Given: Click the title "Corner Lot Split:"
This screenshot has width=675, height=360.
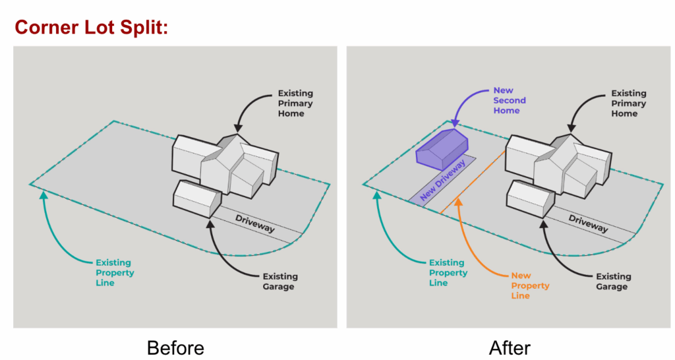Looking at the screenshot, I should pyautogui.click(x=92, y=27).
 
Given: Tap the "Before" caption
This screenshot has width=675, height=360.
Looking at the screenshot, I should pyautogui.click(x=175, y=347).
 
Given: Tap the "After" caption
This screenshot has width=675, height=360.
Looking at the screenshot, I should pyautogui.click(x=510, y=347).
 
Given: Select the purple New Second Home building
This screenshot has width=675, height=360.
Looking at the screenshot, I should pyautogui.click(x=441, y=147).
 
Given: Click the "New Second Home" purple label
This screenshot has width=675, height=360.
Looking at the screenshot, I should pyautogui.click(x=510, y=100).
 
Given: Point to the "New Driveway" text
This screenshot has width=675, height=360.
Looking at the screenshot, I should pyautogui.click(x=440, y=180).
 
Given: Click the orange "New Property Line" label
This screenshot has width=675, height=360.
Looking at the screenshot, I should pyautogui.click(x=530, y=285).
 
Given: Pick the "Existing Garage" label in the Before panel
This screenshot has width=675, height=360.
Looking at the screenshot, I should pyautogui.click(x=279, y=282).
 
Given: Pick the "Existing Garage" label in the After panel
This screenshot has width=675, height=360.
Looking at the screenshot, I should pyautogui.click(x=613, y=282).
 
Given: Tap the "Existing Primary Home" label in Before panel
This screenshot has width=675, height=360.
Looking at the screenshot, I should pyautogui.click(x=295, y=104).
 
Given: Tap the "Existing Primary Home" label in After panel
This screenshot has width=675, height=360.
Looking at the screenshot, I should pyautogui.click(x=628, y=104).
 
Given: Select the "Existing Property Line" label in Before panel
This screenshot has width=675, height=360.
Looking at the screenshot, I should pyautogui.click(x=114, y=272).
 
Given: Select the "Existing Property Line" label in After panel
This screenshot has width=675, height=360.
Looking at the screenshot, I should pyautogui.click(x=448, y=272).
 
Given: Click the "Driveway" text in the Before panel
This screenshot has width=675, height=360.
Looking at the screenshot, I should pyautogui.click(x=255, y=224).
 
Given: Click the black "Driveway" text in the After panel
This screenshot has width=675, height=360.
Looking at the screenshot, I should pyautogui.click(x=589, y=224).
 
